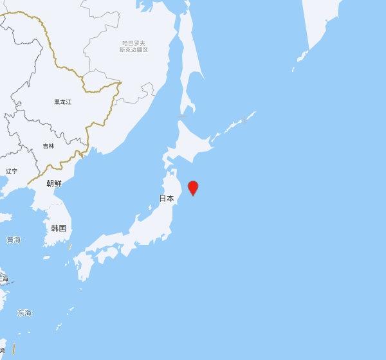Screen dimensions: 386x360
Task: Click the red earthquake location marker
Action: [192, 188]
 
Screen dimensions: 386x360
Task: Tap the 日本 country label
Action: [167, 199]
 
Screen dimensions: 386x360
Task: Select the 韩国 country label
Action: [60, 228]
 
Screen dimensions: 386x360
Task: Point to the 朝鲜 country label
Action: [54, 183]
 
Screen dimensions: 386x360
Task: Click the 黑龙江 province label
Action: [62, 102]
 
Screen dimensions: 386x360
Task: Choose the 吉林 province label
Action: [49, 146]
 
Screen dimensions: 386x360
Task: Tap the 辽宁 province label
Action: [12, 171]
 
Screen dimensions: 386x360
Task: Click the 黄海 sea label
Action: [14, 240]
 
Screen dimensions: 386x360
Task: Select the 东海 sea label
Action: [24, 313]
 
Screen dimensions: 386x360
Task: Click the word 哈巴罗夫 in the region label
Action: [134, 43]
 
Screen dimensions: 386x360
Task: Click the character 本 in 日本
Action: [170, 199]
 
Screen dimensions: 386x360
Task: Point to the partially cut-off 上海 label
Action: [4, 278]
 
